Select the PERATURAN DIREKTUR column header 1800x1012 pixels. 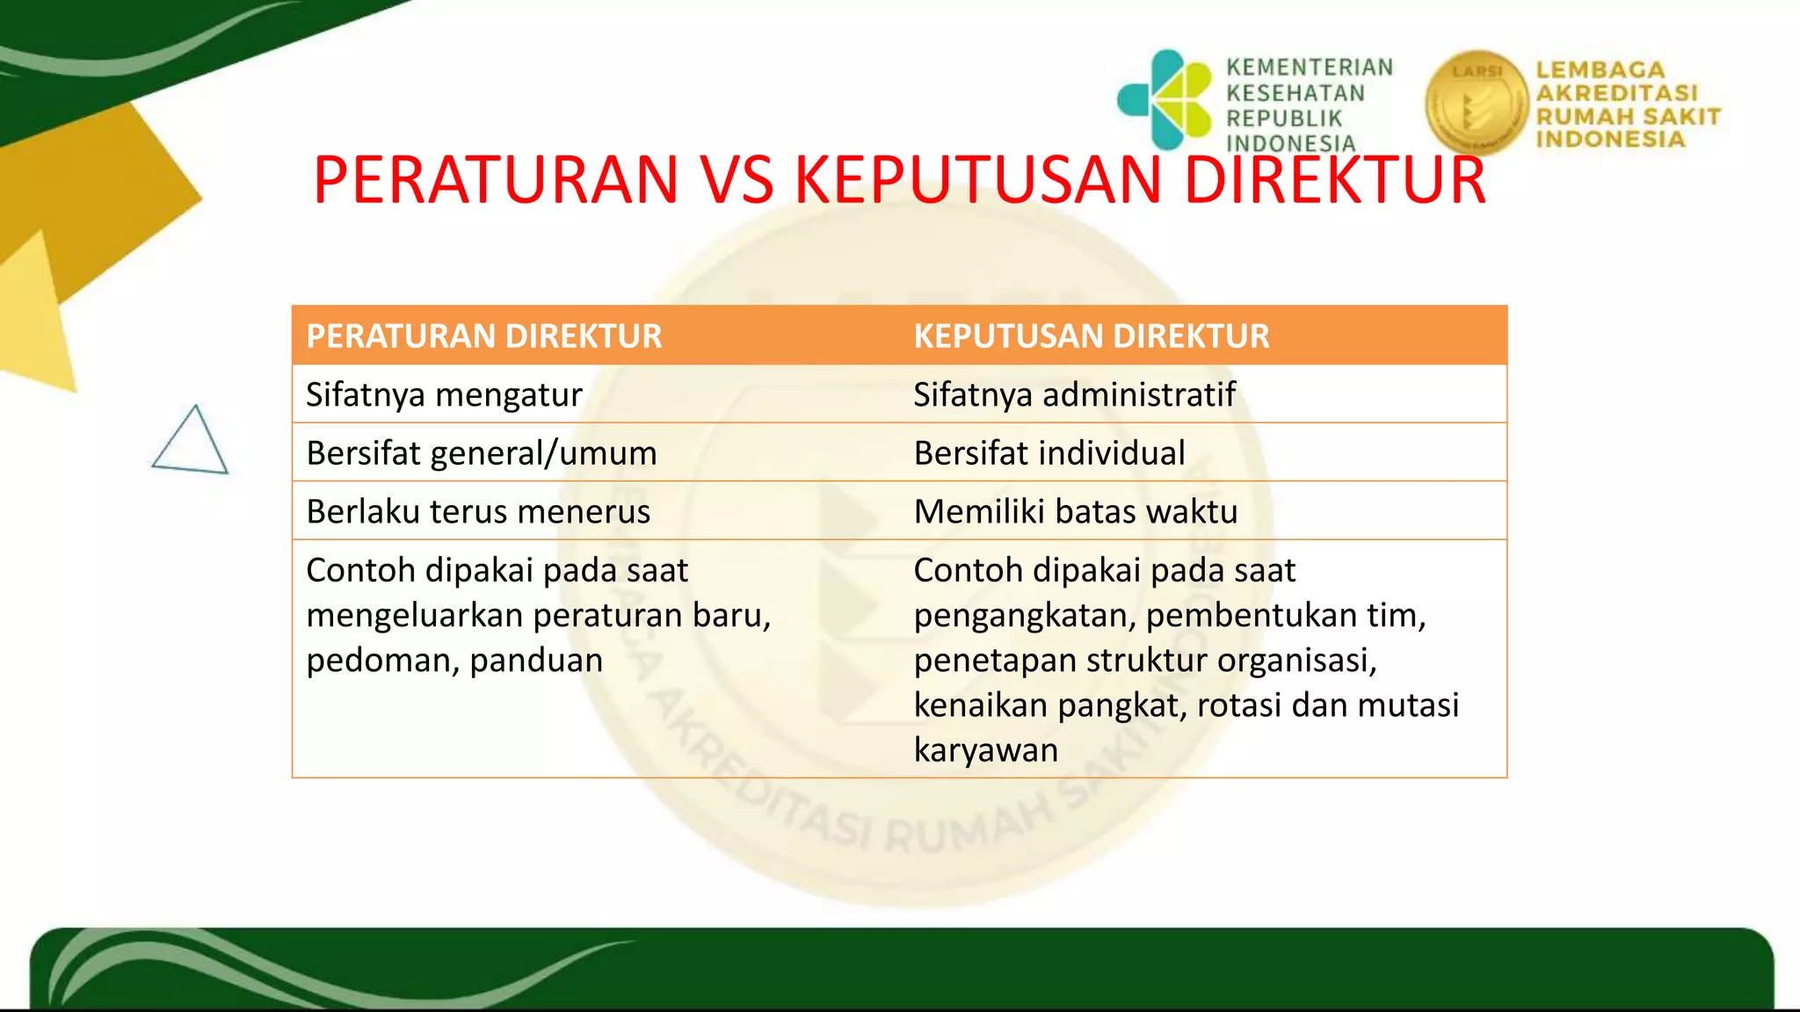click(x=483, y=336)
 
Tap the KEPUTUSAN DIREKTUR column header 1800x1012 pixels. click(x=1092, y=336)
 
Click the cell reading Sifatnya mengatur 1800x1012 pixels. click(x=444, y=394)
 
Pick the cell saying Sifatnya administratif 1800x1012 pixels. click(x=1074, y=394)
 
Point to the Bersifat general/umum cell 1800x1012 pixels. click(x=482, y=453)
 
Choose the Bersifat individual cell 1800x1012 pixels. click(x=1049, y=453)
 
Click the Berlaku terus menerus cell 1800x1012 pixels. click(x=478, y=511)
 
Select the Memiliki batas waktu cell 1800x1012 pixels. click(x=1076, y=511)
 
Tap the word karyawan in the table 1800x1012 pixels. click(x=986, y=750)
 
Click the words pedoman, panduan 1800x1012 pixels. click(x=454, y=660)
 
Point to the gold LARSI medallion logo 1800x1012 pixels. click(x=1477, y=103)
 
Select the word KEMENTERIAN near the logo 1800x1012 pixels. click(x=1310, y=68)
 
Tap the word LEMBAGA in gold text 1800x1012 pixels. click(x=1600, y=70)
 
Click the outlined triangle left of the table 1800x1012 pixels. click(x=191, y=442)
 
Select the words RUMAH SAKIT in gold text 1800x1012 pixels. click(x=1628, y=116)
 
